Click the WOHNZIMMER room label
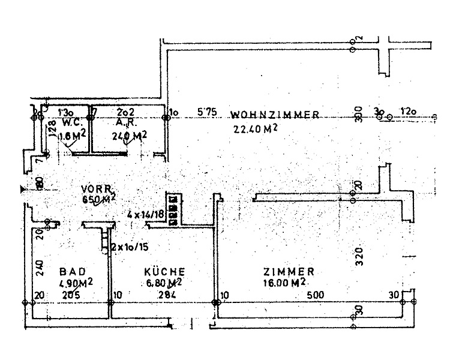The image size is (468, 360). coord(274,115)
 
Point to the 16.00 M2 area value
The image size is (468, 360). coord(285,283)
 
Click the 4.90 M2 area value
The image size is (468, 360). coord(75,283)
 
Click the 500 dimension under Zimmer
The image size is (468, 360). coord(316,295)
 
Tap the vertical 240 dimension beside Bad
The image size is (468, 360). coord(40,267)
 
